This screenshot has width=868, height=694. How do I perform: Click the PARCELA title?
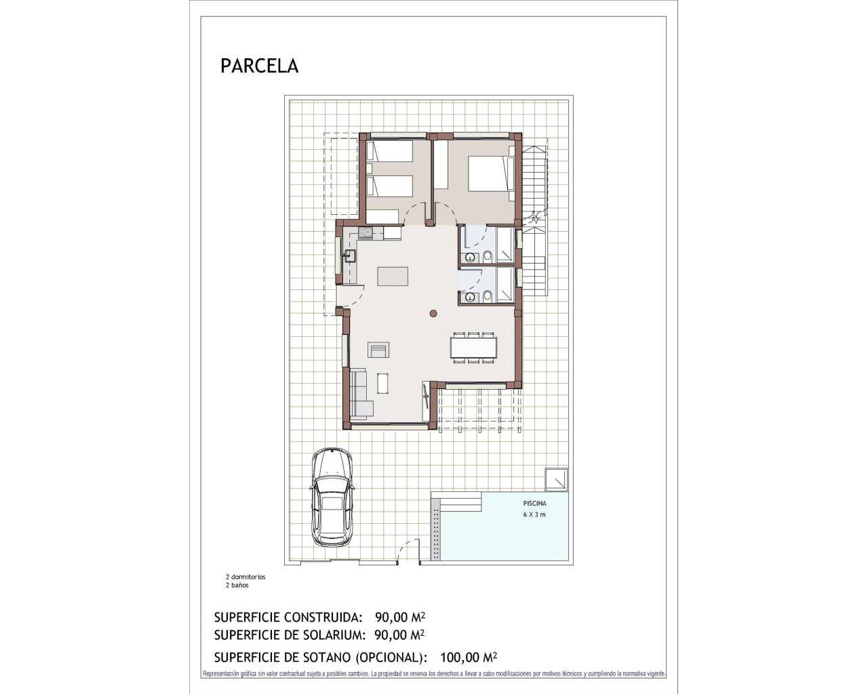point(259,66)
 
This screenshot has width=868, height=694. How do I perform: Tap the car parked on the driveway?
point(332,497)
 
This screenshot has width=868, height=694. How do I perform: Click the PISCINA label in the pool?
point(534,504)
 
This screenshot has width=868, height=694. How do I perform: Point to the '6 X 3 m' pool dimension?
point(534,514)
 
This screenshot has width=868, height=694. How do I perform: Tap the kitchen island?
point(393,277)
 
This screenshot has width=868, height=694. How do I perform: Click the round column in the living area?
point(433,312)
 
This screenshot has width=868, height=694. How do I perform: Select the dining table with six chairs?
point(473,347)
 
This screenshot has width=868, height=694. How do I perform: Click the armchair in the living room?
point(378,350)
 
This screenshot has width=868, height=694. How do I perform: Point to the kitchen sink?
point(351,256)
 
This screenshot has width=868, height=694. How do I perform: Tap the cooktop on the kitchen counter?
point(366,233)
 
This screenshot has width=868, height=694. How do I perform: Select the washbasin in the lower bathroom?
point(469,297)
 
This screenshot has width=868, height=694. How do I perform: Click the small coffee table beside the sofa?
point(383,384)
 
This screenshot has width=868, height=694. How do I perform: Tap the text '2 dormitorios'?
point(245,577)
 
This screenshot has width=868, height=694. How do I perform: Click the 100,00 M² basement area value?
point(469,657)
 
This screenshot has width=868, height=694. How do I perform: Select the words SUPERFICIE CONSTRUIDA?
point(285,617)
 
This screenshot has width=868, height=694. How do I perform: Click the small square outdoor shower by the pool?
point(557,478)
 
